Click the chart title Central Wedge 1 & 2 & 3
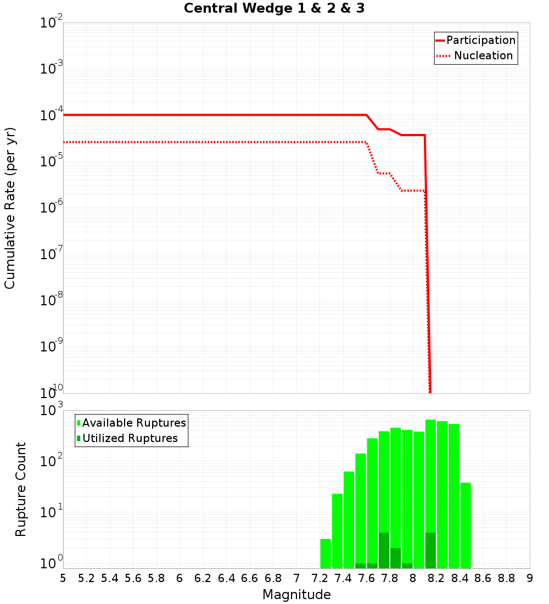[274, 9]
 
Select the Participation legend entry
[480, 40]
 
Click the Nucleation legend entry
[483, 55]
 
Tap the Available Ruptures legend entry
[134, 423]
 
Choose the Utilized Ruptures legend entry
[130, 438]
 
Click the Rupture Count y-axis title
[21, 489]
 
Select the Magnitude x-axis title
[296, 594]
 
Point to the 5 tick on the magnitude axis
[63, 578]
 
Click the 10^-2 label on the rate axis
[52, 23]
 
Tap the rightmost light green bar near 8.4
[466, 525]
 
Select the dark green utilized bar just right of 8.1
[430, 550]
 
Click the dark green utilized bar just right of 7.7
[384, 550]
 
